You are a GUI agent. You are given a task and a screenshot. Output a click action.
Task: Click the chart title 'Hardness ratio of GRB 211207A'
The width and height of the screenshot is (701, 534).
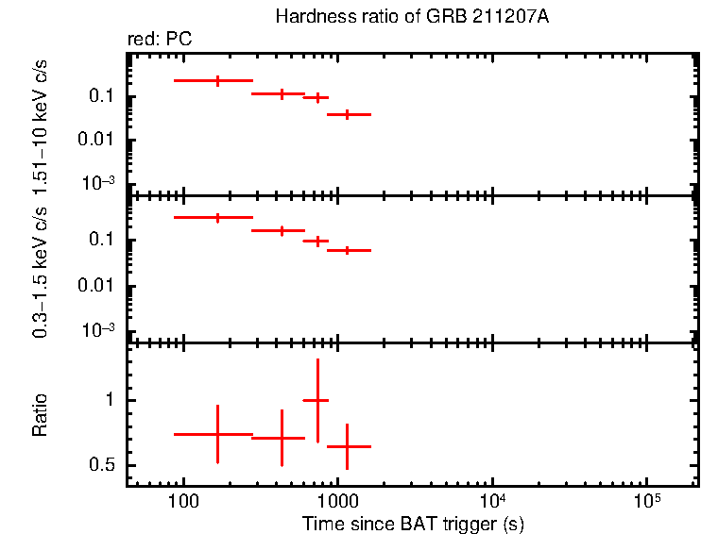click(x=411, y=17)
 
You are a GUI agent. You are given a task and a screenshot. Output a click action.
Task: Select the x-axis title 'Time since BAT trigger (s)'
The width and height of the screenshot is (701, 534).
click(x=413, y=523)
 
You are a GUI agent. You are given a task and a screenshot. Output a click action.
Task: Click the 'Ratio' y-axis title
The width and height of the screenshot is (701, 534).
click(x=41, y=415)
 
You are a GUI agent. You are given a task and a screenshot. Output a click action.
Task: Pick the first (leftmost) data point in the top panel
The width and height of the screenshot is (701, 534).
click(x=217, y=81)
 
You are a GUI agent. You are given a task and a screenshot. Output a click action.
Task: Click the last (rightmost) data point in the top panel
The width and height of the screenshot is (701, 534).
click(x=348, y=114)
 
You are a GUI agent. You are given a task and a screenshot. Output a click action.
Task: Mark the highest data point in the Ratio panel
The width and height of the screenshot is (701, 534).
click(x=316, y=400)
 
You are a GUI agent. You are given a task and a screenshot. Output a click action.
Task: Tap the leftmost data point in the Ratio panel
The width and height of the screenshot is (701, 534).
click(x=217, y=434)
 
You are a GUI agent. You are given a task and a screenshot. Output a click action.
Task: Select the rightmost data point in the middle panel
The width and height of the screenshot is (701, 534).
click(x=348, y=250)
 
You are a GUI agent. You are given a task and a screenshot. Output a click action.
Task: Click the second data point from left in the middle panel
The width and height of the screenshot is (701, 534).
click(x=282, y=230)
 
